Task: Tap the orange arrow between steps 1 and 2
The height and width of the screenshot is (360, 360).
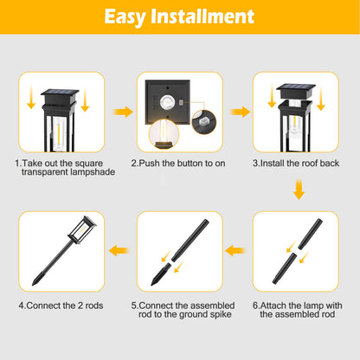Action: (x=123, y=111)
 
